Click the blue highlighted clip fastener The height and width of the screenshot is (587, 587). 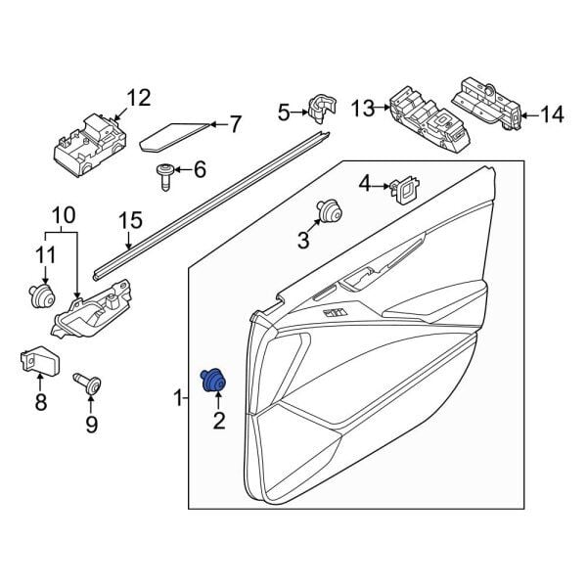[211, 380]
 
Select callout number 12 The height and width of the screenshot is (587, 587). [139, 97]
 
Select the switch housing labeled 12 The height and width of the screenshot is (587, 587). [86, 142]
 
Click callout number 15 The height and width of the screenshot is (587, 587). [126, 222]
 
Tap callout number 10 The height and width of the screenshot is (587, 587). [63, 214]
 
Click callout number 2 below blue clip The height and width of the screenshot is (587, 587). [217, 422]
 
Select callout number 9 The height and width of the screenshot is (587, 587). [92, 424]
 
